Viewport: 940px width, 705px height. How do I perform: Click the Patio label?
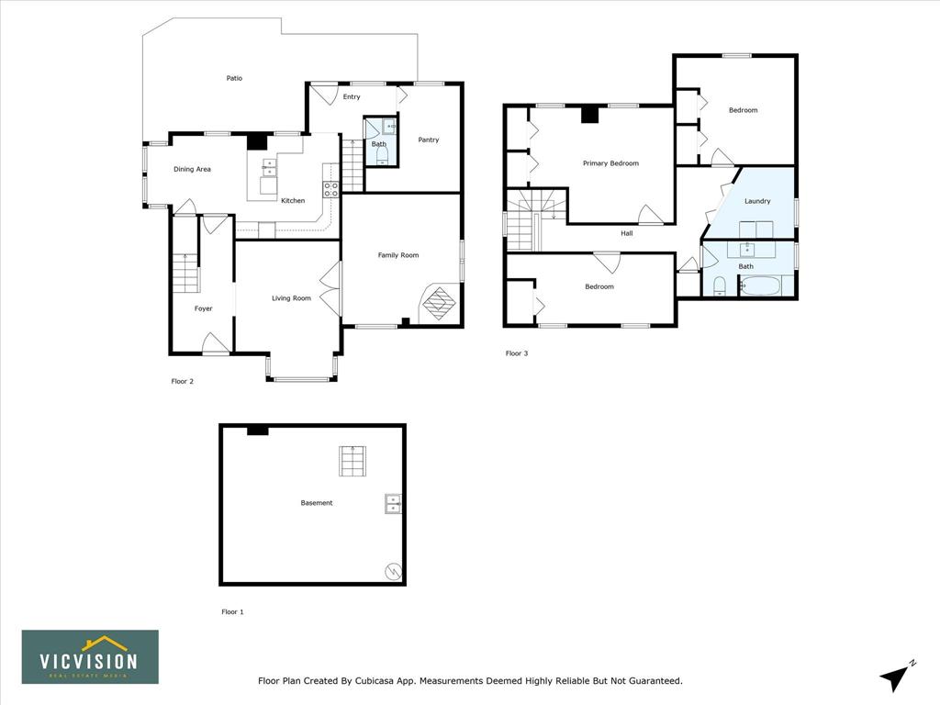[x=234, y=78]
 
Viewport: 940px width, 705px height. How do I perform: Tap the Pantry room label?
[x=429, y=140]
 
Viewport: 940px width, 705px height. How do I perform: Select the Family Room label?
[x=398, y=255]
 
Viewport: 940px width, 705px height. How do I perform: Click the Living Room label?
[x=291, y=298]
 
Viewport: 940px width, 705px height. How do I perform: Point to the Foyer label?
[x=203, y=308]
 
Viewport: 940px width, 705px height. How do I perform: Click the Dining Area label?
[x=192, y=169]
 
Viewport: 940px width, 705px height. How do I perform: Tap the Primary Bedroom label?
[x=610, y=163]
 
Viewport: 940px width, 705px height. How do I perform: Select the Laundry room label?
[x=757, y=201]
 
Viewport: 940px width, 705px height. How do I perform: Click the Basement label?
[x=317, y=503]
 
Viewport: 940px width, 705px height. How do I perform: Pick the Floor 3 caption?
[x=517, y=353]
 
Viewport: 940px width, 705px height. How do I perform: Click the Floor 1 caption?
[x=232, y=612]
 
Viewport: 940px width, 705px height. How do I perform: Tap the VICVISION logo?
[x=91, y=657]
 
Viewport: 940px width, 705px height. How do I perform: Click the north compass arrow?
[x=895, y=677]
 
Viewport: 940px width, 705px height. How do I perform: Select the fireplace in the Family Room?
[x=440, y=303]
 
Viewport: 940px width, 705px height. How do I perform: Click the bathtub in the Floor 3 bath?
[x=760, y=286]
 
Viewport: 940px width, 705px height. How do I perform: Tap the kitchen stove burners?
[x=330, y=189]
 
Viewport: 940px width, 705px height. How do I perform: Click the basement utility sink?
[x=393, y=504]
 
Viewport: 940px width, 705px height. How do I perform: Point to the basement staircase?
[x=352, y=461]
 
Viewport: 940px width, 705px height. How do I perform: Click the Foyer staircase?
[x=185, y=274]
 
